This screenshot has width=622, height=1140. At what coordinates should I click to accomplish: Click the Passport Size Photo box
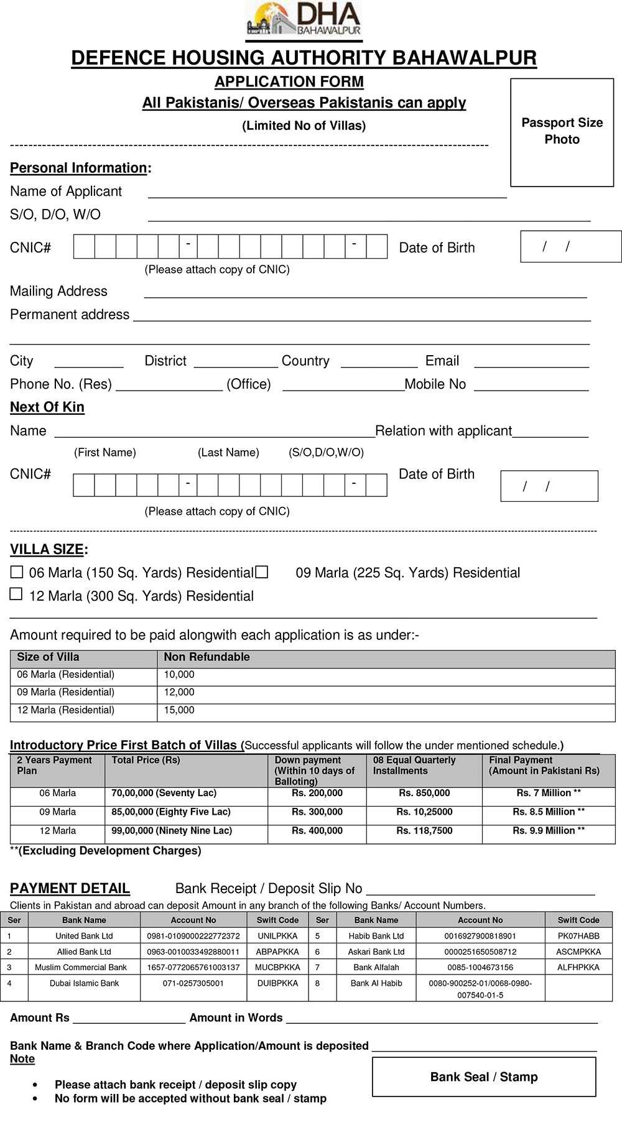coord(562,132)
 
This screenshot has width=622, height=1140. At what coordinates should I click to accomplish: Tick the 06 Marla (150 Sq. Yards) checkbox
coord(17,572)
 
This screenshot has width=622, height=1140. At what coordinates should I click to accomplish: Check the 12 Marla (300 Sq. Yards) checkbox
coord(17,595)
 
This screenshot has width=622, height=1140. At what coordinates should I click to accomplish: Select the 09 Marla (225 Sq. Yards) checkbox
coord(262,572)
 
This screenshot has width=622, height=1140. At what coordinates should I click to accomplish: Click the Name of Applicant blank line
coord(327,193)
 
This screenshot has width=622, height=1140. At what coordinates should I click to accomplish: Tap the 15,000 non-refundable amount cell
coord(179,710)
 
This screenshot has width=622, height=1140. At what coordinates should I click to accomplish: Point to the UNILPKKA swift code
coord(277,935)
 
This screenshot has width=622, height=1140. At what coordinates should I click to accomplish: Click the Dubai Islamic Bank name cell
coord(84,983)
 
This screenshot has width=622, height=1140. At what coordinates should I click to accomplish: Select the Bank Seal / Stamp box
coord(484,1077)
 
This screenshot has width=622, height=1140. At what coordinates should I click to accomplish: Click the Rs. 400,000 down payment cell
coord(317,831)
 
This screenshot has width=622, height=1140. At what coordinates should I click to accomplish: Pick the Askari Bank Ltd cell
coord(376,952)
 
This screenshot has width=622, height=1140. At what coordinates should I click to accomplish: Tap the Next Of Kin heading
coord(47,407)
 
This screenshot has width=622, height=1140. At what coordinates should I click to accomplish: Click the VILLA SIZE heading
coord(47,549)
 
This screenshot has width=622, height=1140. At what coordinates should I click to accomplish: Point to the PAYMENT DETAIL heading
coord(70,888)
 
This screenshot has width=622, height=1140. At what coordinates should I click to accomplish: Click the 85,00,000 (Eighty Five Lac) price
coord(171,812)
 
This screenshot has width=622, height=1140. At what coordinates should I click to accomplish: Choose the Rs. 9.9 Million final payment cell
coord(548,831)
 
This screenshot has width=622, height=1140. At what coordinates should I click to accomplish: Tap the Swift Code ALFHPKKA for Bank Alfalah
coord(578,967)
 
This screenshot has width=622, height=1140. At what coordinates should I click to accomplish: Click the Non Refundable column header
coord(207,657)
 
